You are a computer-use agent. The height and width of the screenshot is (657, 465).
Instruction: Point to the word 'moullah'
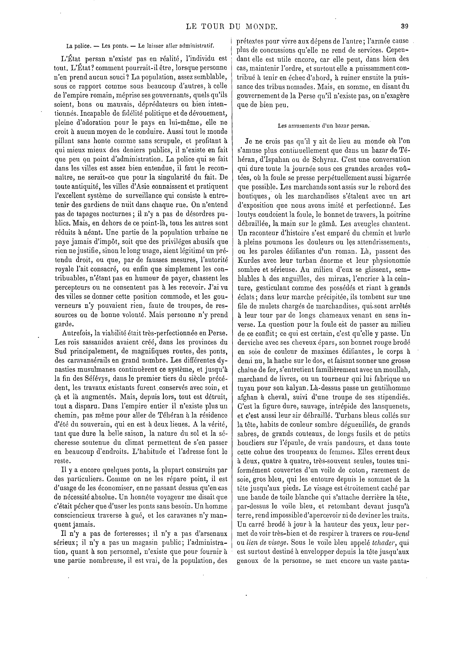point(398,369)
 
